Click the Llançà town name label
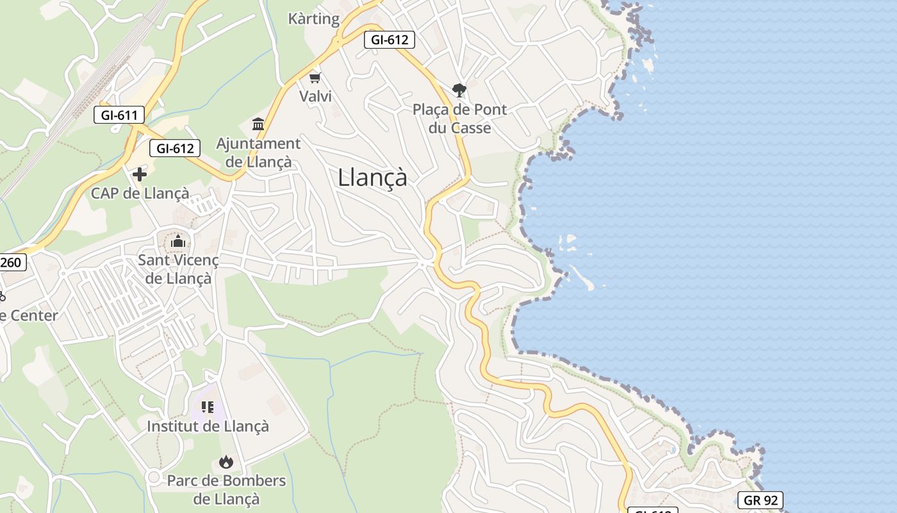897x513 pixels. pos(372,178)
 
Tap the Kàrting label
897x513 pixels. pos(314,19)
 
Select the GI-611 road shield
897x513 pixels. pos(119,115)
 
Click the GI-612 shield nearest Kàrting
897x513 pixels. pos(390,40)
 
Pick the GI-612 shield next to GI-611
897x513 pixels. pos(175,149)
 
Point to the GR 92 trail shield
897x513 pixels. pos(760,500)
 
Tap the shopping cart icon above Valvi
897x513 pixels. pos(315,78)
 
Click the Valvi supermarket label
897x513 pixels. pos(315,96)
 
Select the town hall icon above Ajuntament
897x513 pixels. pos(258,124)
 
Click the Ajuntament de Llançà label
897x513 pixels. pos(258,153)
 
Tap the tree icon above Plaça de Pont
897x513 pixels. pos(459,90)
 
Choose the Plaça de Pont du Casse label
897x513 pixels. pos(459,119)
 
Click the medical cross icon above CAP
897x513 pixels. pos(140,174)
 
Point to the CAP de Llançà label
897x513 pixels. pos(140,193)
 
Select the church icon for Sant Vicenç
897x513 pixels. pos(178,242)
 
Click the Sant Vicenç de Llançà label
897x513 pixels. pos(178,269)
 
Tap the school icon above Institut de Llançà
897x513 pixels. pos(208,407)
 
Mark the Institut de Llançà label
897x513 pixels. pos(208,426)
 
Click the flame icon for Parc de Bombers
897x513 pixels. pos(226,462)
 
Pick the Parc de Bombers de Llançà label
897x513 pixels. pos(226,489)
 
